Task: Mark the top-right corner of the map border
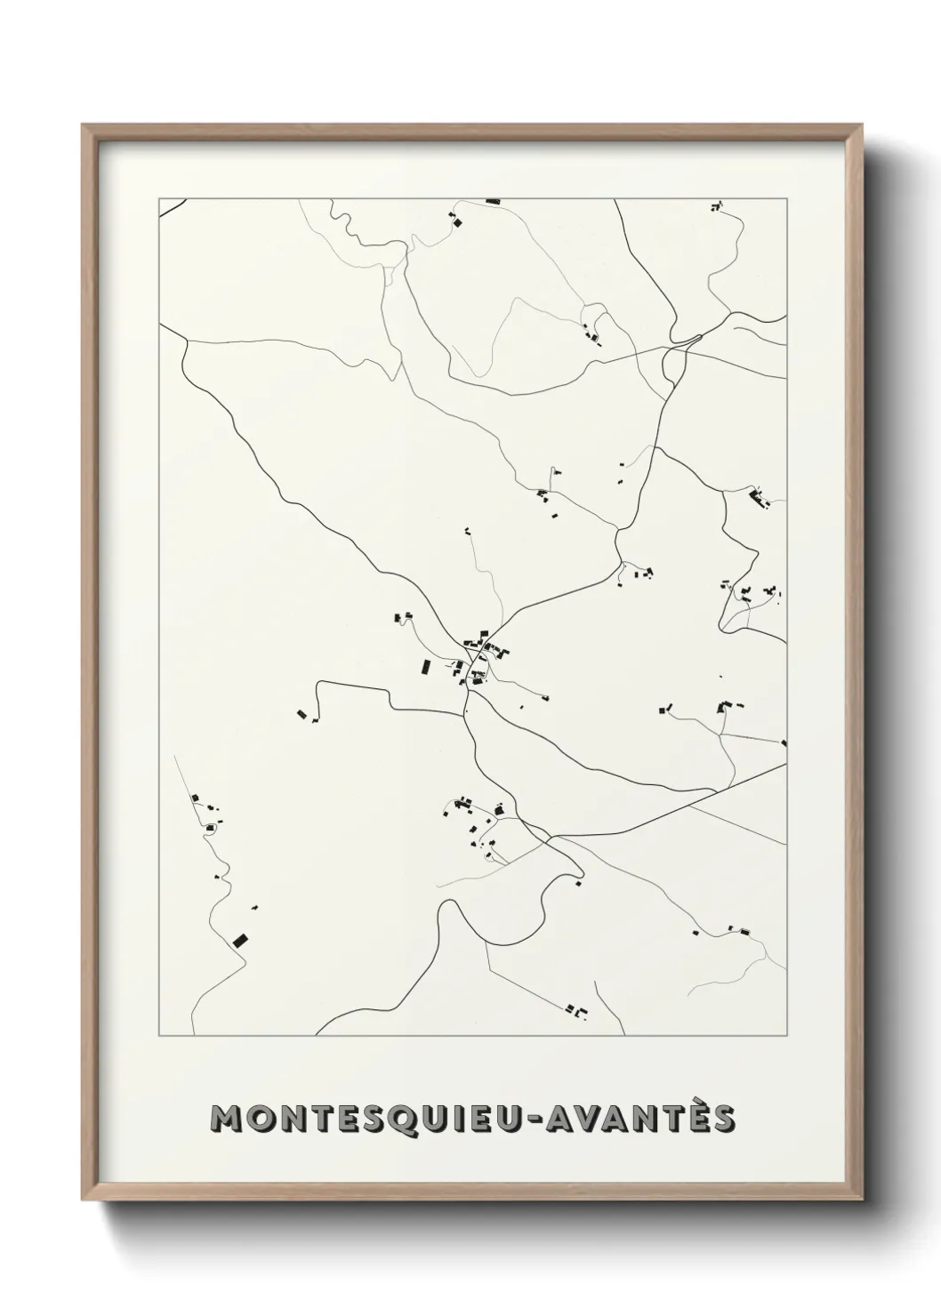coord(787,198)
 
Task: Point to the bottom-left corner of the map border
coord(159,1036)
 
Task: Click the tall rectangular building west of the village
coord(425,667)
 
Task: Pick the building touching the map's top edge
coord(493,202)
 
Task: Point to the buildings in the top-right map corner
coord(716,207)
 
